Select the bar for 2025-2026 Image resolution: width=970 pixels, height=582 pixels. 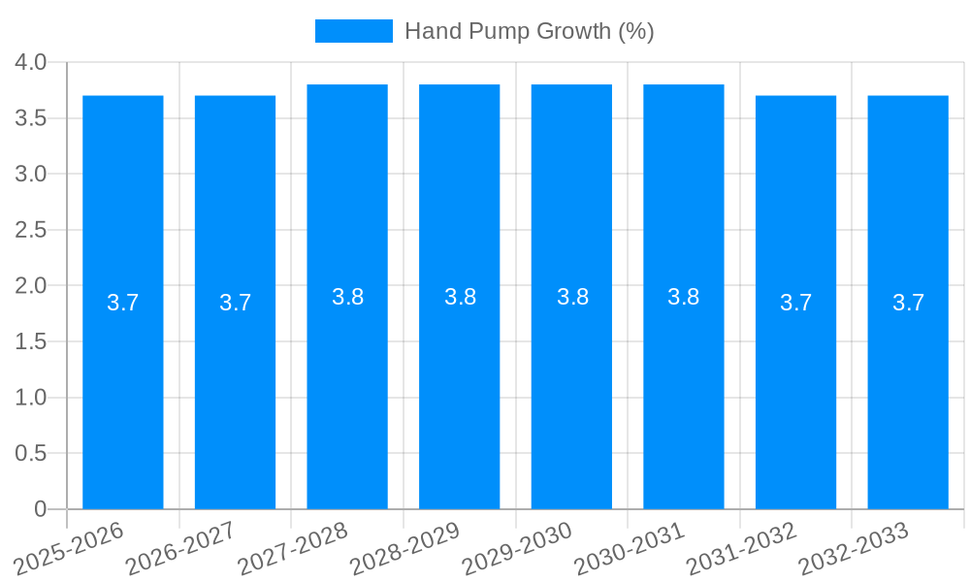[x=123, y=388]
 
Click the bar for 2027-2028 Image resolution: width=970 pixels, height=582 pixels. [x=347, y=388]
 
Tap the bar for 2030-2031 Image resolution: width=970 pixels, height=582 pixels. [x=684, y=388]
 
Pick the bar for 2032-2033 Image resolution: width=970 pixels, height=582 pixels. [x=908, y=388]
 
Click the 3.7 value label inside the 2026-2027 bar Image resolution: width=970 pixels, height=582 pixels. [x=235, y=303]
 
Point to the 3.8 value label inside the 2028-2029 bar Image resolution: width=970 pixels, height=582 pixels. [x=460, y=297]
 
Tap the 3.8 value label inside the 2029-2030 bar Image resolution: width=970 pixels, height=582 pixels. [x=572, y=297]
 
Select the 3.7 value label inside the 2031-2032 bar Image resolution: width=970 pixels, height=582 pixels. [x=795, y=303]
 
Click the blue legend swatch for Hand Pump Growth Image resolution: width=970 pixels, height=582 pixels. [x=354, y=31]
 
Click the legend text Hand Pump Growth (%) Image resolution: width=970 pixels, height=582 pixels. [x=529, y=31]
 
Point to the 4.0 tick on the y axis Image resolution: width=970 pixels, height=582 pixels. [x=31, y=62]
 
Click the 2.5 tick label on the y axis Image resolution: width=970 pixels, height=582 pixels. [x=31, y=230]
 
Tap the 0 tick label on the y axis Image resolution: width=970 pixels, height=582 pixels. [x=40, y=509]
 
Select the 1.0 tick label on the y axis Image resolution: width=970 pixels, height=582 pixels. [x=31, y=398]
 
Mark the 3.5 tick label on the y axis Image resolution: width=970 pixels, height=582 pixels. [x=31, y=118]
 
